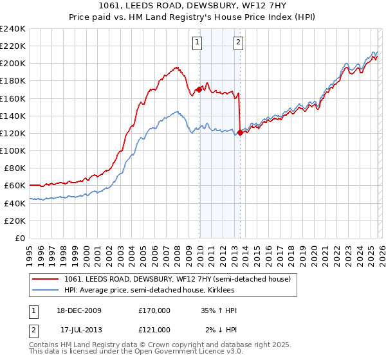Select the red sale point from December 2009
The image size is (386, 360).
click(x=199, y=90)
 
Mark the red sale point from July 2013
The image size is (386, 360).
click(x=240, y=132)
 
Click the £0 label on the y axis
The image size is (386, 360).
click(x=19, y=238)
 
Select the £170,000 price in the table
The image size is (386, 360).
click(x=154, y=310)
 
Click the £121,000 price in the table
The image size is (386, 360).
click(x=154, y=329)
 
